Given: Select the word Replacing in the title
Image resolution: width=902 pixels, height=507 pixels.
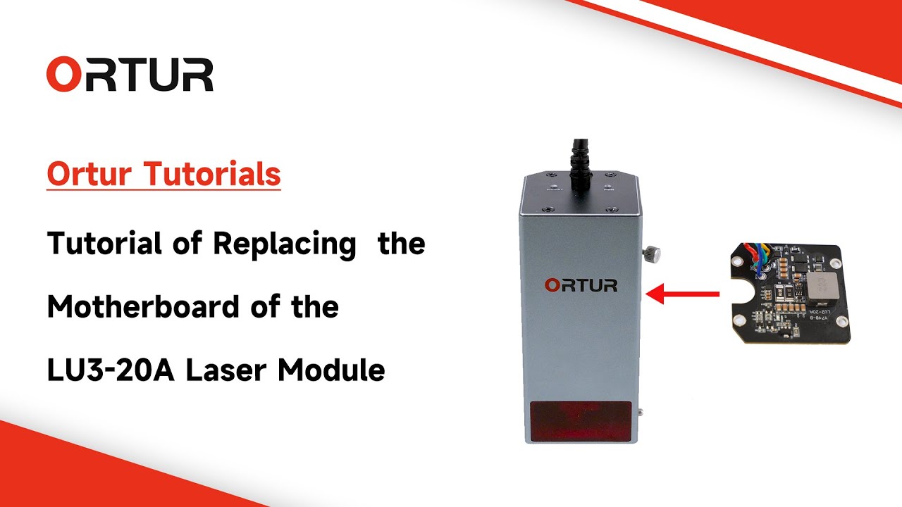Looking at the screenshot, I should (284, 244).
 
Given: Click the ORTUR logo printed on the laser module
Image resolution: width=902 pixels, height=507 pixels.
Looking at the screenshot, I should (581, 285).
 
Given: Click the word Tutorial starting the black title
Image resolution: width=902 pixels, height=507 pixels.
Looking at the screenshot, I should (104, 244).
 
